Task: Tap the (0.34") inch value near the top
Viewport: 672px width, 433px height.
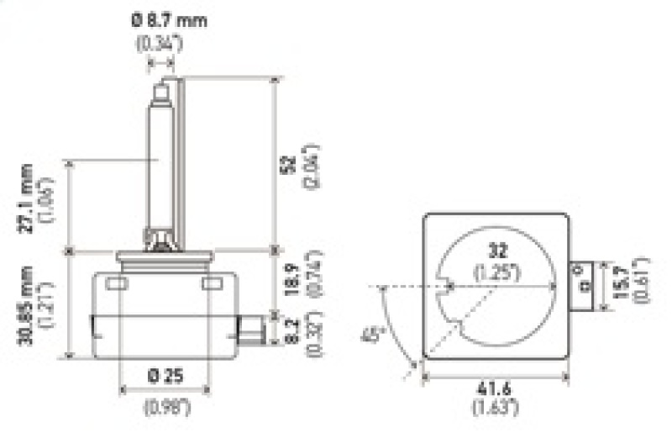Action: [159, 44]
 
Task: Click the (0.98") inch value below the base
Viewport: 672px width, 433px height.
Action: [165, 409]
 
